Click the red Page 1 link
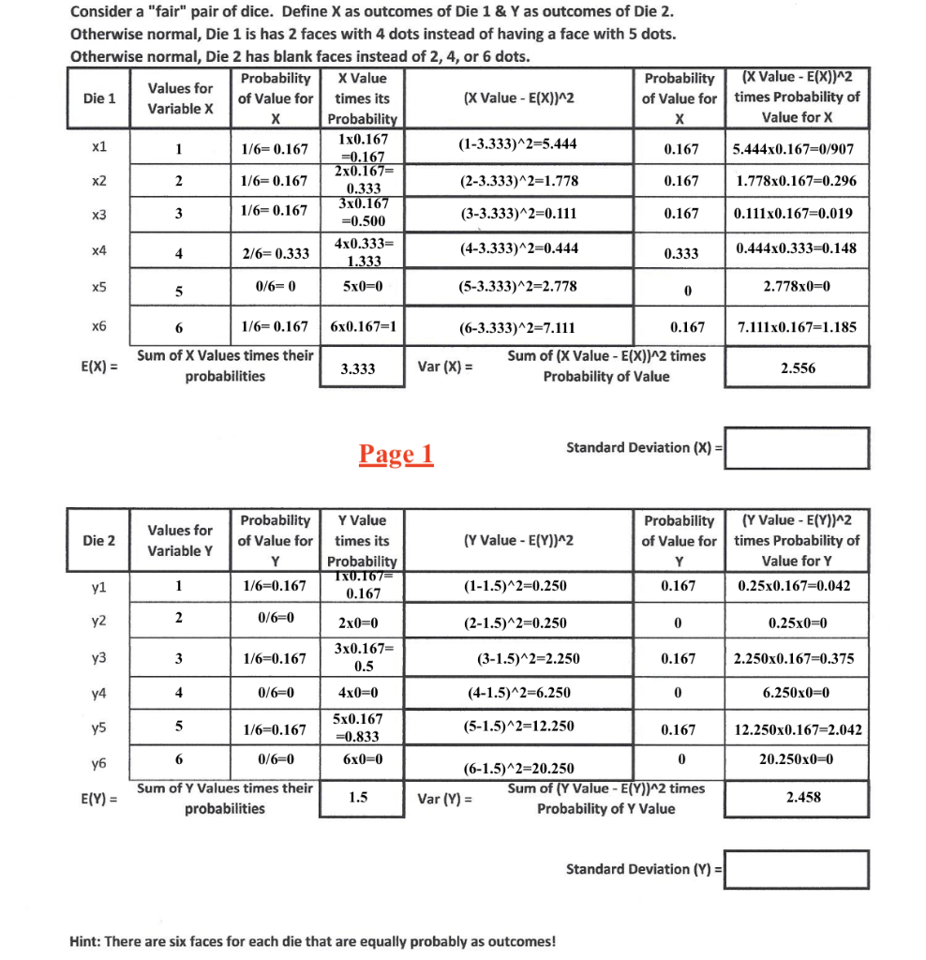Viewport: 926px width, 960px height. point(396,455)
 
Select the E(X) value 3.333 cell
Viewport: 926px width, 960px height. point(358,368)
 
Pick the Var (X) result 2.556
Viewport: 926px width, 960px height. point(798,368)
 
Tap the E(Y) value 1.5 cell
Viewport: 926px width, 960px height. point(358,798)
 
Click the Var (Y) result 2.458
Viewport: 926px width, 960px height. point(798,798)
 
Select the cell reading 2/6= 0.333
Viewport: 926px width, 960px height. point(276,253)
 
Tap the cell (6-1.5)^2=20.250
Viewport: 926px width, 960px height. point(516,769)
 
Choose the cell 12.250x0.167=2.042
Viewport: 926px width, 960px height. point(799,729)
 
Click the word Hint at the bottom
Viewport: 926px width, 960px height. point(87,940)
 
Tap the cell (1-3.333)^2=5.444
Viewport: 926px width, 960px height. point(516,144)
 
